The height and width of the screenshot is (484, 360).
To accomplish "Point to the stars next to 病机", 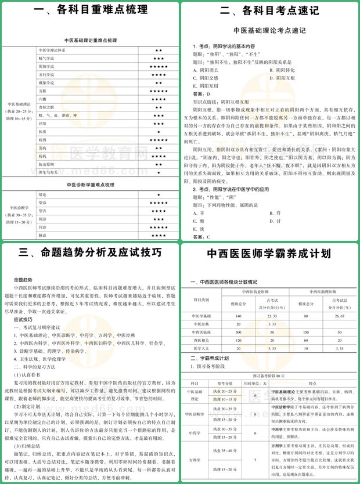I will (159, 157).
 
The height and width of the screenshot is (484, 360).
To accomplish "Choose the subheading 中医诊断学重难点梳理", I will (89, 184).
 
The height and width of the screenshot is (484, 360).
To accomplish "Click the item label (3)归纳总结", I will (28, 450).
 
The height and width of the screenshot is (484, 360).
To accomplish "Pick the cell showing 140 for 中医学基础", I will (238, 316).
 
